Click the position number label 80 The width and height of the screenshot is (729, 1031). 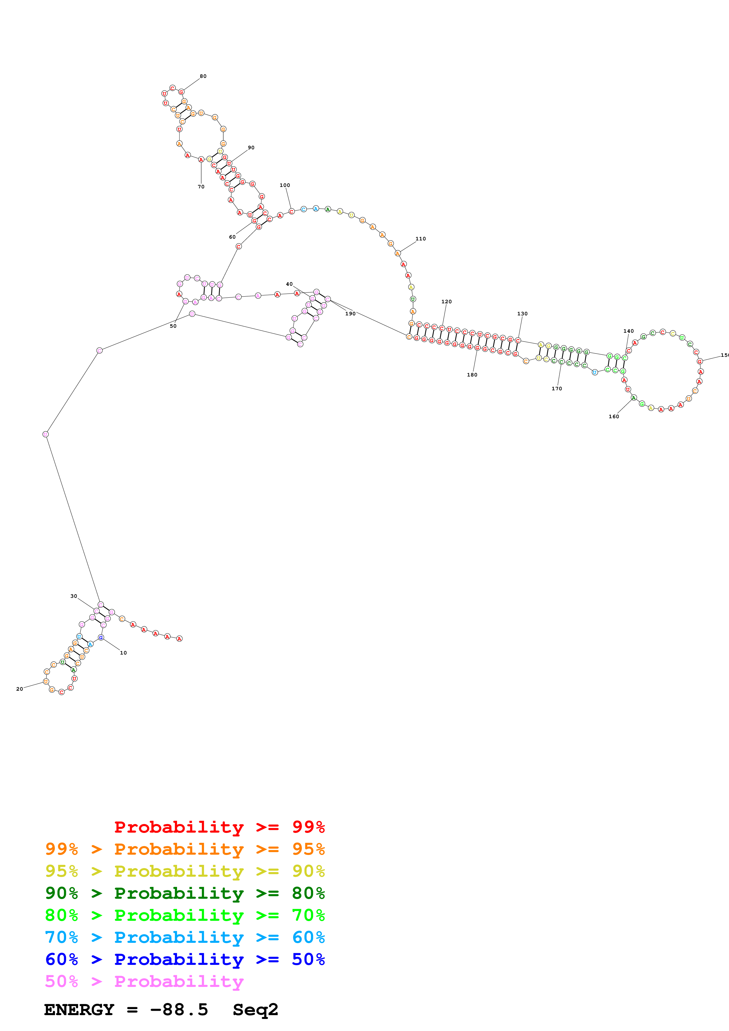pyautogui.click(x=203, y=76)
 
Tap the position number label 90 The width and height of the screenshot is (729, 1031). pyautogui.click(x=251, y=148)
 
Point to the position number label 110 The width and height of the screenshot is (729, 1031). pyautogui.click(x=421, y=239)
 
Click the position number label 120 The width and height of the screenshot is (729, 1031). pyautogui.click(x=446, y=302)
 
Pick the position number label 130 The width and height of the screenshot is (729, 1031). pyautogui.click(x=522, y=314)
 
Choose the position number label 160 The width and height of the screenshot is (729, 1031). pyautogui.click(x=613, y=417)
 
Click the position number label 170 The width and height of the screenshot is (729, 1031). pyautogui.click(x=556, y=389)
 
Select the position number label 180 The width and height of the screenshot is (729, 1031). pyautogui.click(x=472, y=375)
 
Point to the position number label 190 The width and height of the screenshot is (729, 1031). pyautogui.click(x=350, y=314)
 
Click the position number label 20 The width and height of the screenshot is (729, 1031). pyautogui.click(x=20, y=689)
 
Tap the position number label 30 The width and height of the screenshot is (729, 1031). pyautogui.click(x=74, y=596)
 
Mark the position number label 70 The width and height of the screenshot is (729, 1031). pyautogui.click(x=201, y=187)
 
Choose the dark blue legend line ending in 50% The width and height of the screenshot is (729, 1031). pyautogui.click(x=185, y=960)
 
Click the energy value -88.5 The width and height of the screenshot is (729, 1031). pyautogui.click(x=179, y=1010)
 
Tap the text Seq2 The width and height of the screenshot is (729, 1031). pyautogui.click(x=255, y=1010)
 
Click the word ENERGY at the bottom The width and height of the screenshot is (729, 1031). pyautogui.click(x=79, y=1010)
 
